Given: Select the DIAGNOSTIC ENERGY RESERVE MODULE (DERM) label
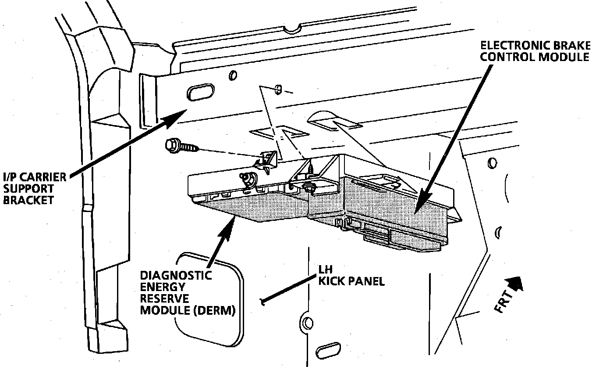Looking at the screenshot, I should pos(188,293).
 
